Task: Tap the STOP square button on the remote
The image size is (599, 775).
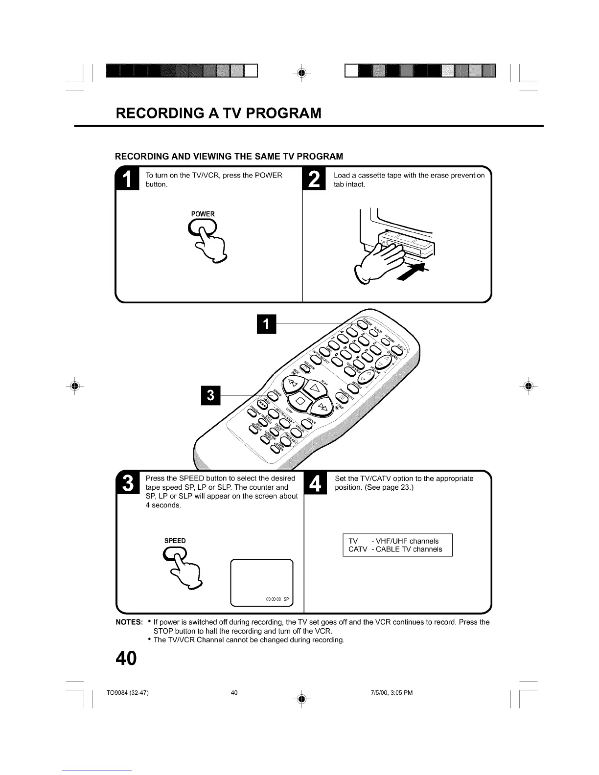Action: point(300,403)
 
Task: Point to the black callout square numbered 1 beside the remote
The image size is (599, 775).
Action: point(266,324)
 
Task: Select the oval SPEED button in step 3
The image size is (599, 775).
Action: point(174,552)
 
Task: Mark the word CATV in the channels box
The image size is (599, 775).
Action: point(357,549)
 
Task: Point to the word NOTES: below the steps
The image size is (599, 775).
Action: point(129,622)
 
